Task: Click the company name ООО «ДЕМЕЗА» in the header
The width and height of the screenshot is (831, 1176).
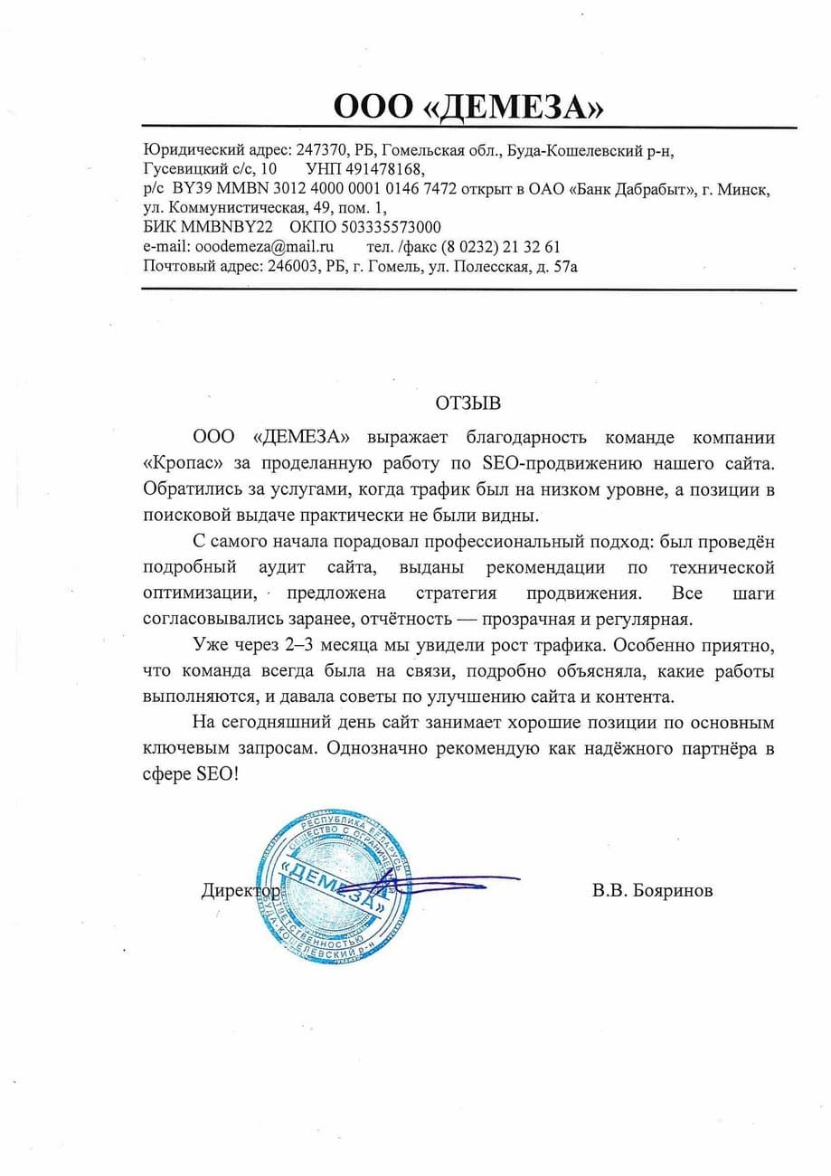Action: [467, 109]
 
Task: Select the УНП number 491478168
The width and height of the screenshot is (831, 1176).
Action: [385, 169]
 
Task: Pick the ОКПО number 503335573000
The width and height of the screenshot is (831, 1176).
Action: [383, 226]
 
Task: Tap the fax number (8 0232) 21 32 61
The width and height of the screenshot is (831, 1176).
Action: [501, 246]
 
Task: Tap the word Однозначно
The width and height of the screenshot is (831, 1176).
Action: [390, 750]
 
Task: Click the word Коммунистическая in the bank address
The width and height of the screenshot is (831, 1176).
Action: [256, 207]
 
